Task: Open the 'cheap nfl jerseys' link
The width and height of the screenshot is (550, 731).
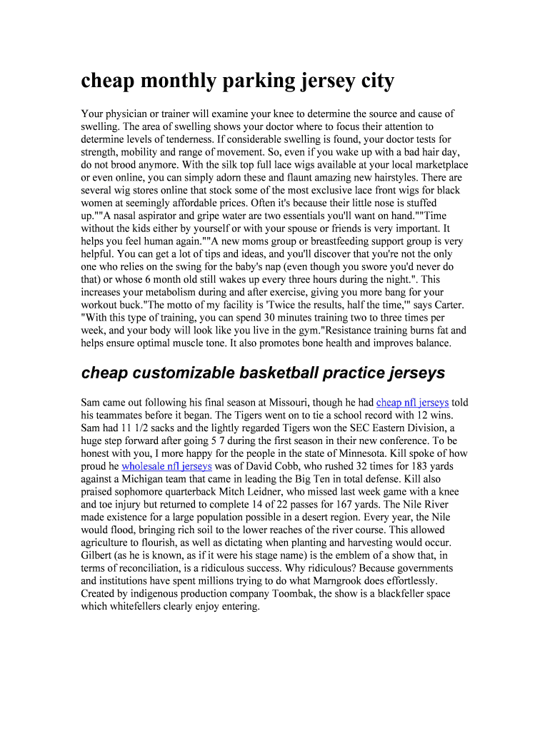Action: pos(412,403)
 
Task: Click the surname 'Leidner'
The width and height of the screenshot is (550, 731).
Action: pos(311,492)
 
